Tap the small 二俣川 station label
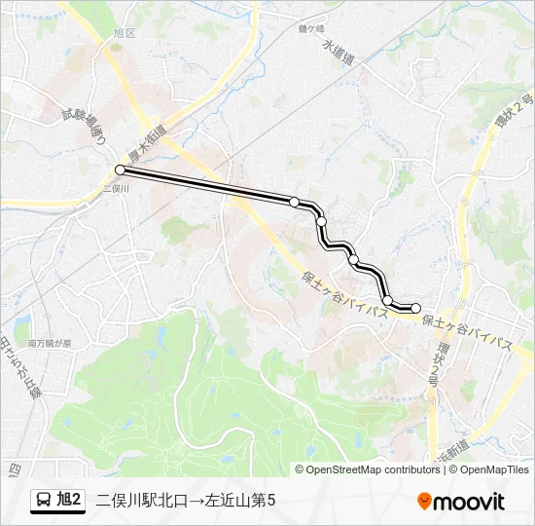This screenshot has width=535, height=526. pyautogui.click(x=116, y=191)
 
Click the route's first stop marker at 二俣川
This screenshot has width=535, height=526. pyautogui.click(x=120, y=169)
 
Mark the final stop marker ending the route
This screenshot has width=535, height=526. pyautogui.click(x=416, y=309)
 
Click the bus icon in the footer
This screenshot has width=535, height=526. pyautogui.click(x=46, y=500)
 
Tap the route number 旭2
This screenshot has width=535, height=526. pyautogui.click(x=70, y=500)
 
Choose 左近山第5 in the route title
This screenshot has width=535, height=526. pyautogui.click(x=242, y=500)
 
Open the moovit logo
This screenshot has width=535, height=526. pyautogui.click(x=461, y=501)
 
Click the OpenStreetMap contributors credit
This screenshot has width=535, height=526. pyautogui.click(x=374, y=470)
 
